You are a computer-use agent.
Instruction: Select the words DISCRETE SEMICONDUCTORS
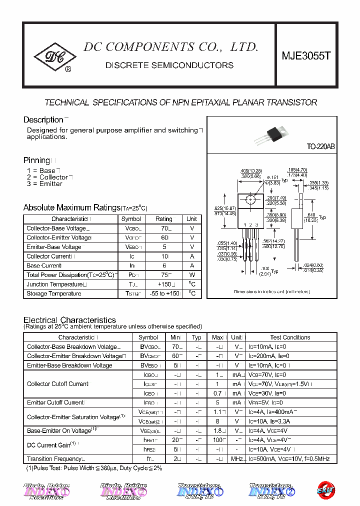[x=169, y=65]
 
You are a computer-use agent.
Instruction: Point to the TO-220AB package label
[x=320, y=147]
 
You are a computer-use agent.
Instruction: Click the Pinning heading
[x=37, y=160]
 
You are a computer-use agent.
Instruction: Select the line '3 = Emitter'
[x=44, y=184]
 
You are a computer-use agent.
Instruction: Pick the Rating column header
[x=163, y=219]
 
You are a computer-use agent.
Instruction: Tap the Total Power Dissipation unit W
[x=191, y=275]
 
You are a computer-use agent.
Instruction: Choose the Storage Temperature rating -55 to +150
[x=163, y=293]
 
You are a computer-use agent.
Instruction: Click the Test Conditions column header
[x=290, y=337]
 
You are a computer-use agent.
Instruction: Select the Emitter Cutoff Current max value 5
[x=217, y=402]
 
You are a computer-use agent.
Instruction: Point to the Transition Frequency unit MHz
[x=237, y=459]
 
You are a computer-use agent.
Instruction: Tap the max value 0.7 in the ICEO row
[x=217, y=393]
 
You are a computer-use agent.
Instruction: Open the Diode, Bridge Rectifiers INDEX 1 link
[x=46, y=491]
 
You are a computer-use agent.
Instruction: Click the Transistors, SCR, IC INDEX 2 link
[x=272, y=491]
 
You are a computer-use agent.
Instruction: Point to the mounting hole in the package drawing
[x=250, y=200]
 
